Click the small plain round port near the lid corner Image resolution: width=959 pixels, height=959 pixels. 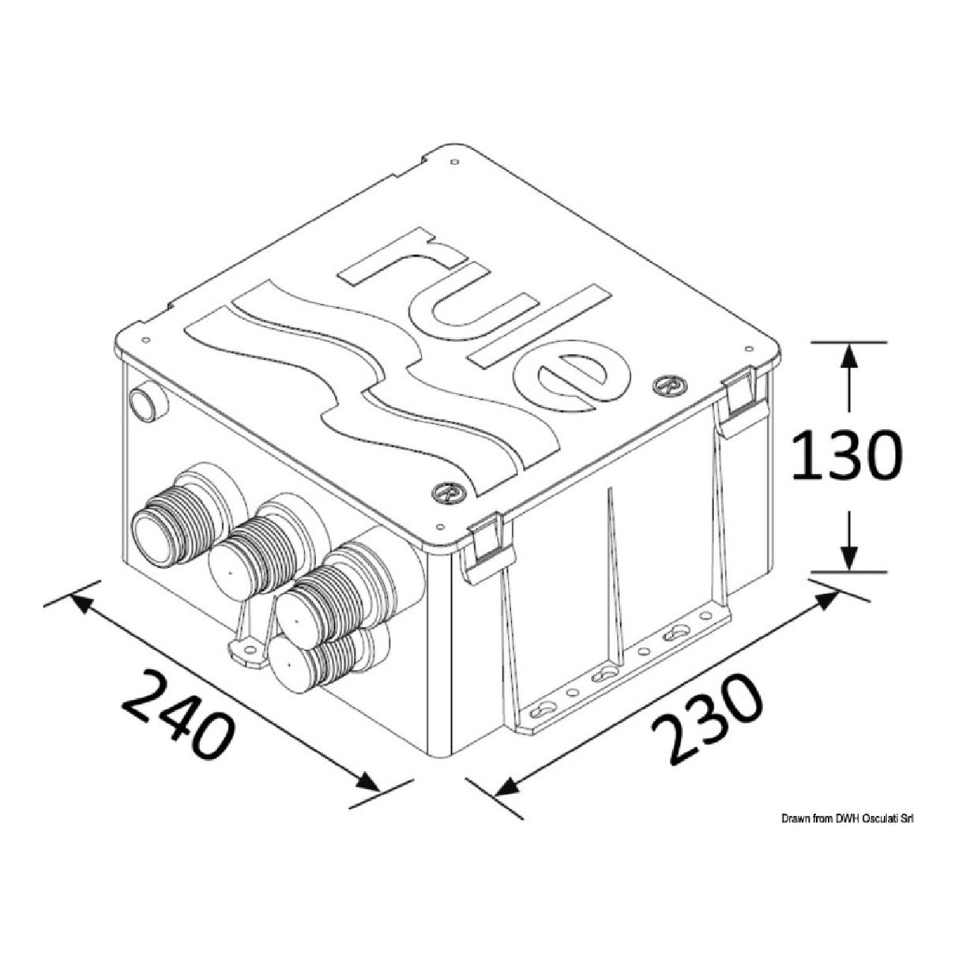click(x=148, y=404)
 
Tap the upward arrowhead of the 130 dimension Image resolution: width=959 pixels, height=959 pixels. click(x=848, y=355)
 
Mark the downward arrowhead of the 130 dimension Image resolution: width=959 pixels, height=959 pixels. click(x=848, y=558)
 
